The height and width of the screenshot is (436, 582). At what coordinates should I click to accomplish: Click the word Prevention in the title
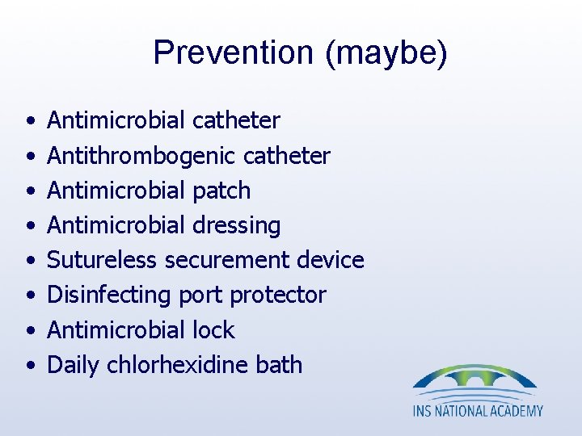tap(233, 53)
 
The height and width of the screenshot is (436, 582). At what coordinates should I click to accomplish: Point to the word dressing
tap(236, 225)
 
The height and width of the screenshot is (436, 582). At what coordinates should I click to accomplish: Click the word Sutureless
tap(103, 260)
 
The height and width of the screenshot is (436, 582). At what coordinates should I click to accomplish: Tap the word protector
tap(278, 295)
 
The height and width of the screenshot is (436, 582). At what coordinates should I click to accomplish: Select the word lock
tap(213, 329)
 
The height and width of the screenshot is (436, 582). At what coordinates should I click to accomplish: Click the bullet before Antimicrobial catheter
tap(29, 122)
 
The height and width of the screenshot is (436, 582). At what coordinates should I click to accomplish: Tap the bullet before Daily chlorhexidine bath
tap(29, 366)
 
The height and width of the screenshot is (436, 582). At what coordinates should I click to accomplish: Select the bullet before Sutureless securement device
tap(29, 261)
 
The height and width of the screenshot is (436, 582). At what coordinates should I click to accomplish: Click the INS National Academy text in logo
tap(478, 411)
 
